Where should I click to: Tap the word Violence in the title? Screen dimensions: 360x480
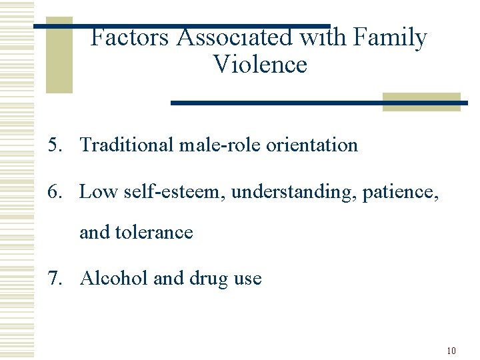260,65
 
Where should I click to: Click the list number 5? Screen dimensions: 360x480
54,145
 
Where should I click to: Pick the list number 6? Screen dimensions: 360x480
54,192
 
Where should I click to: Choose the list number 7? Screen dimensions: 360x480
54,278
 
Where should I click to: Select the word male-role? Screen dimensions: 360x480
221,145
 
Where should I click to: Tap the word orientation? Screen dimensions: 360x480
312,145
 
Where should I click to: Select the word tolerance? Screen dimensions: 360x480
154,232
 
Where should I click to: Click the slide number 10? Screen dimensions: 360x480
451,351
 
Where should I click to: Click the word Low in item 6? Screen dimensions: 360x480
97,192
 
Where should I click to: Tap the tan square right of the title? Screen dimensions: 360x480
421,101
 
